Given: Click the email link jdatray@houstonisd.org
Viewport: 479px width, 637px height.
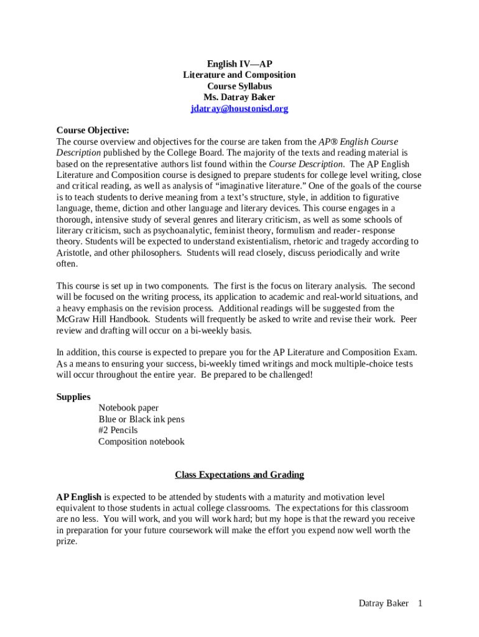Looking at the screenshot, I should (240, 109).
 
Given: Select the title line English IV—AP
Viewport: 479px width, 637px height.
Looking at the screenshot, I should (240, 64).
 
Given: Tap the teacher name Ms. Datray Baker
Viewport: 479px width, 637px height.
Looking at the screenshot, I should (240, 98).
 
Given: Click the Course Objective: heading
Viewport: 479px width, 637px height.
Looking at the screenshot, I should (93, 130).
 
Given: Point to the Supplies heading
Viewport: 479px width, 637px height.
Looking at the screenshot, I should (73, 397).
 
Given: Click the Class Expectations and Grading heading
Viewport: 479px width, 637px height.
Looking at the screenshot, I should (240, 475).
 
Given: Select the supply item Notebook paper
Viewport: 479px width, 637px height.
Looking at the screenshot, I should (129, 408).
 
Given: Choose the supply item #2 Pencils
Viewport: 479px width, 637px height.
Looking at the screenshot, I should (118, 430).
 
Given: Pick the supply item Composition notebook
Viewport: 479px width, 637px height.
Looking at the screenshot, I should (141, 442).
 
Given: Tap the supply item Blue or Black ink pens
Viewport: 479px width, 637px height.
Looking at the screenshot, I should (141, 419).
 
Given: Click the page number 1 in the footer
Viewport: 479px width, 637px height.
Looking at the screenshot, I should (421, 603).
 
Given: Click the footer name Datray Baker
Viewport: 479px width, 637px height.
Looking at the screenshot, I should (384, 603).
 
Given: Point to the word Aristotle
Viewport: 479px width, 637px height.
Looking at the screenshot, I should (76, 253).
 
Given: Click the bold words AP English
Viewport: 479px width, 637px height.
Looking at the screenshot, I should (79, 497).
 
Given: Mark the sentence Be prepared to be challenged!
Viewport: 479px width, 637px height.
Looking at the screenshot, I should (257, 375).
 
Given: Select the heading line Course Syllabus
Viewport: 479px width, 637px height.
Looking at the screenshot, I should (240, 86).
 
